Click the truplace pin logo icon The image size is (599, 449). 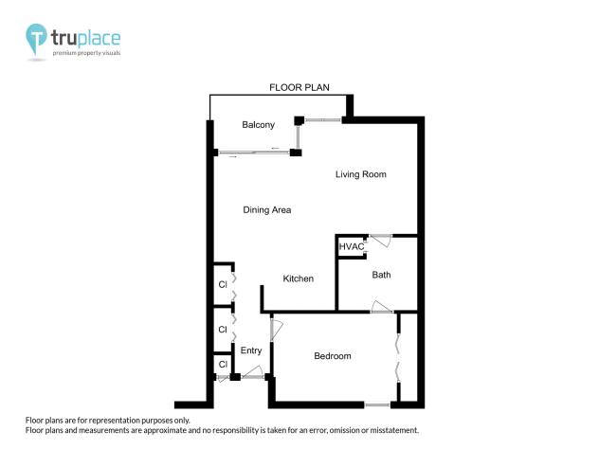click(37, 40)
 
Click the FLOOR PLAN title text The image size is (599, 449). click(299, 87)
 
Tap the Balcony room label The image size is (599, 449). click(258, 125)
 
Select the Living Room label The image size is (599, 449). click(360, 174)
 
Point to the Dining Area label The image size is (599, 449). click(266, 210)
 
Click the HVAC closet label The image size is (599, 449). click(352, 246)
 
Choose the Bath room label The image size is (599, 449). click(381, 276)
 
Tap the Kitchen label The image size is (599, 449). click(299, 278)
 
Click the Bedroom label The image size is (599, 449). click(333, 356)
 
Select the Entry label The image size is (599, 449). click(251, 350)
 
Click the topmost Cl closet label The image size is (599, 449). click(223, 284)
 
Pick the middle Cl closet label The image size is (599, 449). click(223, 330)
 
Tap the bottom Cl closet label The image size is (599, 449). click(223, 365)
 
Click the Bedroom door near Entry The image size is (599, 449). click(276, 330)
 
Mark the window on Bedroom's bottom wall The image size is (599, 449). click(377, 405)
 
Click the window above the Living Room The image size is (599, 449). click(322, 119)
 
